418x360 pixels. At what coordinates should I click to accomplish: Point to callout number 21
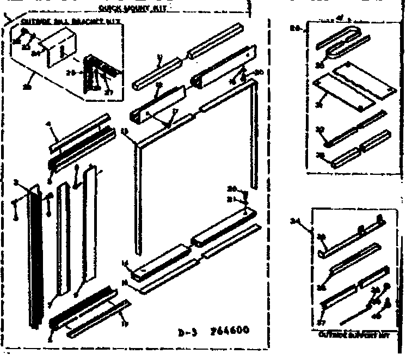pyautogui.click(x=231, y=199)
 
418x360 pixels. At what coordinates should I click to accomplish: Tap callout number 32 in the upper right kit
pyautogui.click(x=320, y=130)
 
